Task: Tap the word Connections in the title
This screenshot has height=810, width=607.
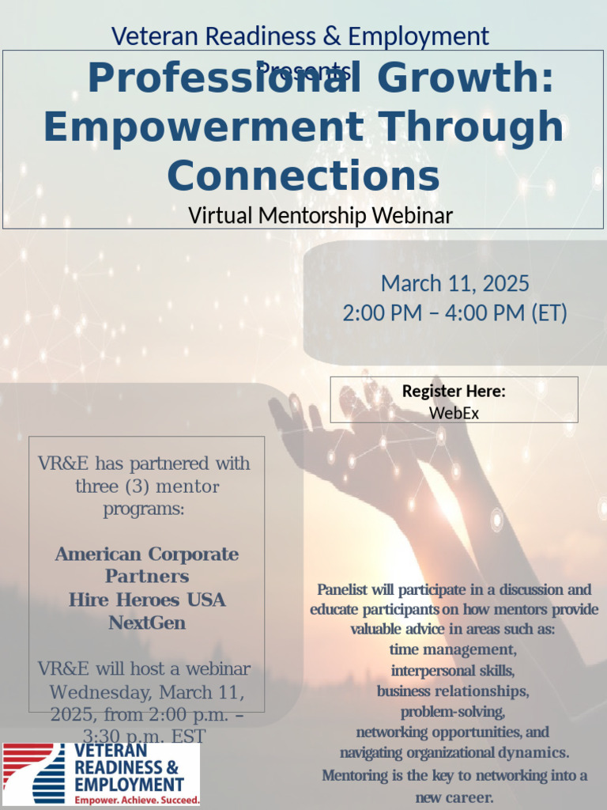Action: coord(303,176)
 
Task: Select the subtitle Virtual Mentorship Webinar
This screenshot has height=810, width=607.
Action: coord(320,215)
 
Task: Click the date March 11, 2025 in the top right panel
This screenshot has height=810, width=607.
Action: coord(454,283)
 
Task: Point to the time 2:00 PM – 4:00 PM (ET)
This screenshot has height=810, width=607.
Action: coord(454,313)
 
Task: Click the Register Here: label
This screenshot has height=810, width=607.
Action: coord(454,391)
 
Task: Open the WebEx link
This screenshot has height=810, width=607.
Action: coord(454,412)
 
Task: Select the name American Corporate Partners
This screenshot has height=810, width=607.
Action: coord(147,565)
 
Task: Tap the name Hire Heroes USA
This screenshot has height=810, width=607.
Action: coord(147,600)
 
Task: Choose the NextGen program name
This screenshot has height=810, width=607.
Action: coord(147,623)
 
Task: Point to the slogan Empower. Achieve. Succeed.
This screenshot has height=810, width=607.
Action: coord(137,801)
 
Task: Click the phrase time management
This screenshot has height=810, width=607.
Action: coord(453,650)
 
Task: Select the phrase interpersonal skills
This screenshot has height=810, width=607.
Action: coord(453,671)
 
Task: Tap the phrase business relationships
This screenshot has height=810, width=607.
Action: coord(453,691)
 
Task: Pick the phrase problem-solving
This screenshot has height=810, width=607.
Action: coord(453,712)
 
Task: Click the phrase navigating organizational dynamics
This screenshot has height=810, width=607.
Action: coord(454,752)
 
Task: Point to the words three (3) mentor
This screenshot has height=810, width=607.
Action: coord(147,486)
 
